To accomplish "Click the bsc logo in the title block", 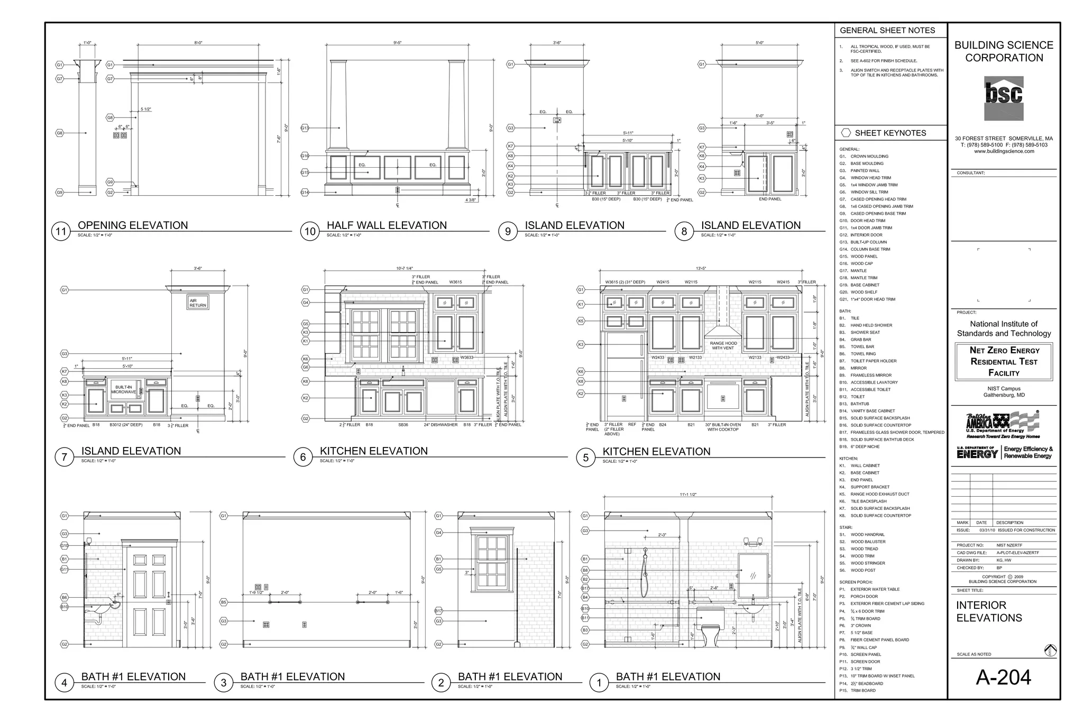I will click(1003, 98).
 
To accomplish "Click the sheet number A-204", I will click(1003, 677).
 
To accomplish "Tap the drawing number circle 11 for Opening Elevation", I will click(61, 232).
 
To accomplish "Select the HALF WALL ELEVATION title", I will click(387, 225).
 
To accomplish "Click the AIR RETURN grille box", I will click(198, 303).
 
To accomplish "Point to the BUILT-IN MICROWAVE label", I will click(123, 390).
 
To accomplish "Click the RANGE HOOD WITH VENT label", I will click(723, 345).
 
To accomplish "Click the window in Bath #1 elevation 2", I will click(492, 562).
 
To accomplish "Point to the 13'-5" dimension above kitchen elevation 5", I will click(701, 269).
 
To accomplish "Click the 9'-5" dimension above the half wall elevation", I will click(397, 43).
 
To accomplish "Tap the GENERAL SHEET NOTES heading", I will click(887, 31).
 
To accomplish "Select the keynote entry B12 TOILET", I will click(857, 397).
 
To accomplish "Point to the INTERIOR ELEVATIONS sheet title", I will click(989, 611).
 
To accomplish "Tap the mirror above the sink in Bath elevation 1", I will click(753, 575).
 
